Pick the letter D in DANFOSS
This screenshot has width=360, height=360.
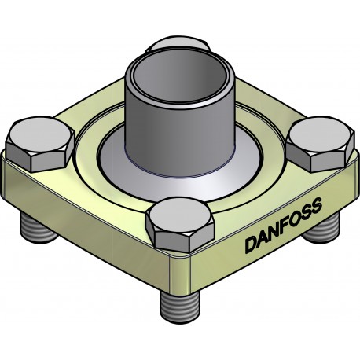click(248, 244)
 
